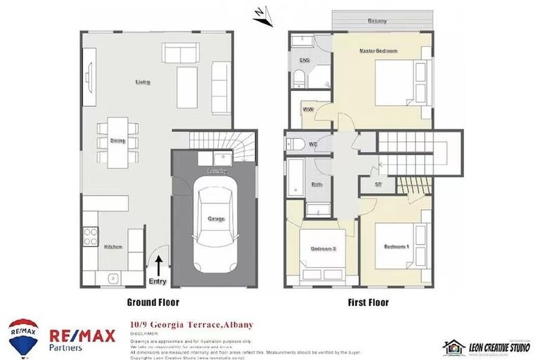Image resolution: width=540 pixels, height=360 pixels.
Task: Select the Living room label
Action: click(x=143, y=82)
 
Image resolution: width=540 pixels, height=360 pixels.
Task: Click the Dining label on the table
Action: click(x=117, y=141)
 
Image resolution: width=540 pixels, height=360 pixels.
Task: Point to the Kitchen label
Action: click(x=113, y=247)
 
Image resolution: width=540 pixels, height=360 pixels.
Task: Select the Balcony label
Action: click(x=377, y=21)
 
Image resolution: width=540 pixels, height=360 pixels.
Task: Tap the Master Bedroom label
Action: click(x=378, y=51)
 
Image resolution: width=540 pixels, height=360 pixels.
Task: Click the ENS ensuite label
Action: click(x=304, y=61)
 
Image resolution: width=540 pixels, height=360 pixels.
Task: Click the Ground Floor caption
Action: click(x=153, y=302)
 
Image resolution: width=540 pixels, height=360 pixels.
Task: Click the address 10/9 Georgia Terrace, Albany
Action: click(x=191, y=325)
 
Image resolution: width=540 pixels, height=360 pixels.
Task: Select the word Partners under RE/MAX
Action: click(x=65, y=347)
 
